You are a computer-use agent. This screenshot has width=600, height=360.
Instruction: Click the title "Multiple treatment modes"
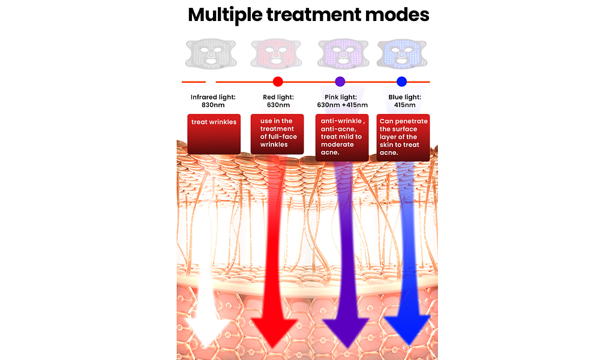click(x=308, y=15)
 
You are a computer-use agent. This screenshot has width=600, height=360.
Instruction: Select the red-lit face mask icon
click(x=275, y=53)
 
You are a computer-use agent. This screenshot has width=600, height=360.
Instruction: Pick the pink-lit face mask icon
click(x=342, y=53)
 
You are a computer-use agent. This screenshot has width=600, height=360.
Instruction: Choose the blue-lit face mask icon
click(x=401, y=53)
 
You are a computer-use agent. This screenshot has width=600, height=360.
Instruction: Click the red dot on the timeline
click(x=277, y=82)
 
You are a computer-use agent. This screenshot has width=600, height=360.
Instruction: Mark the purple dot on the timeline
click(x=340, y=82)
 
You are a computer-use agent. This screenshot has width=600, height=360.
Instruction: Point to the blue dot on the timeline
click(x=402, y=82)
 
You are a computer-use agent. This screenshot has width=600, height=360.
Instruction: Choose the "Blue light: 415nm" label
click(x=403, y=100)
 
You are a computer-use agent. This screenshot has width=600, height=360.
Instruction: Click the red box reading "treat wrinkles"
click(x=214, y=133)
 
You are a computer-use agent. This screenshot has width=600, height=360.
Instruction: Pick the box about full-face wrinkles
click(x=277, y=133)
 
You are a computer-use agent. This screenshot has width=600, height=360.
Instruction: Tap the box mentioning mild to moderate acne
click(x=342, y=137)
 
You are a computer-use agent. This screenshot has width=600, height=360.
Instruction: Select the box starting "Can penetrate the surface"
click(x=403, y=137)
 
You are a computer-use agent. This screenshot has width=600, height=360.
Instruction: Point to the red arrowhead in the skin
click(x=273, y=330)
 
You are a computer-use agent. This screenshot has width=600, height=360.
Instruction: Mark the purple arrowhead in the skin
click(x=346, y=330)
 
